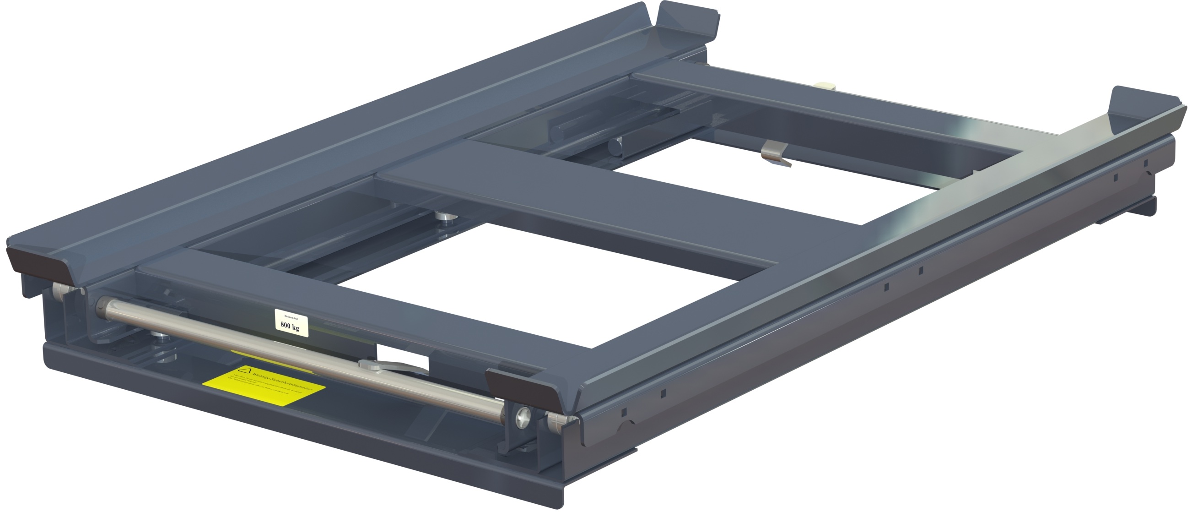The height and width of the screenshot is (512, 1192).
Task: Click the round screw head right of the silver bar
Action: tap(523, 418)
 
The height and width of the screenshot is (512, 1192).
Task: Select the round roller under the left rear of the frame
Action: tap(615, 148)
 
